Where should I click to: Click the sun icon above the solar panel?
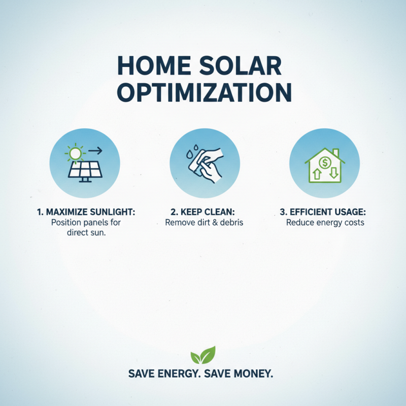point(76,153)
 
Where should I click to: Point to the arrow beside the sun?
point(94,150)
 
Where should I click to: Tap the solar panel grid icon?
point(85,170)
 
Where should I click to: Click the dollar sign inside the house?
point(324,162)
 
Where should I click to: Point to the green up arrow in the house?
point(315,173)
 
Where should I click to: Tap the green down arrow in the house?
point(334,173)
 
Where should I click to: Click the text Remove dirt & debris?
point(202,223)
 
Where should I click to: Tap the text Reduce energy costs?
point(325,223)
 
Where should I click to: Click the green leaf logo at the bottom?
point(202,354)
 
